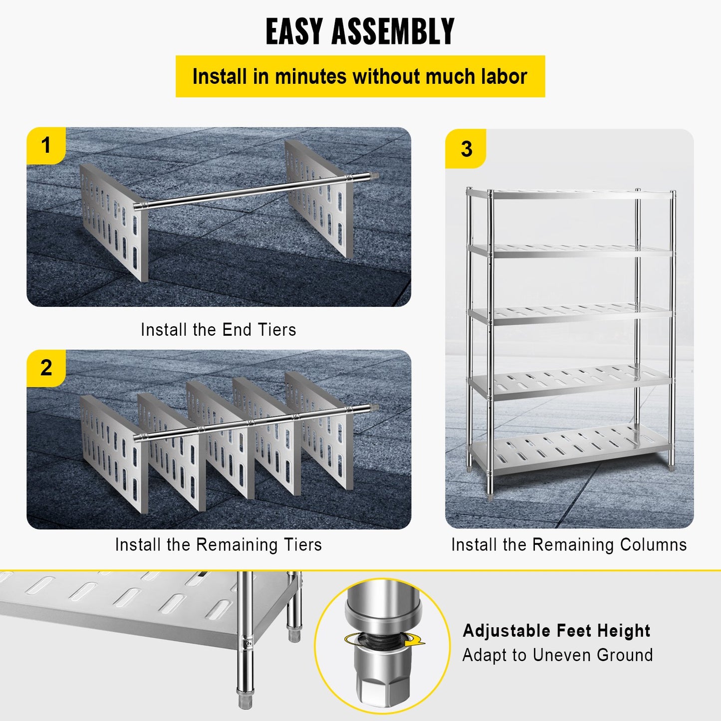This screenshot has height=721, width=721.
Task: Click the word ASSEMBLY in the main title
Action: click(393, 31)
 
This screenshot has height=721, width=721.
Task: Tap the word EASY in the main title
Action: click(293, 31)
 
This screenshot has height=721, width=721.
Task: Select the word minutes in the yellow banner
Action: click(310, 77)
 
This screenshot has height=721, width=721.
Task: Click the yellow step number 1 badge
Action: click(46, 146)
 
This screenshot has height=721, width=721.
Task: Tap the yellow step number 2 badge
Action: click(46, 368)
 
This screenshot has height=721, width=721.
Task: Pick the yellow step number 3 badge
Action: click(466, 149)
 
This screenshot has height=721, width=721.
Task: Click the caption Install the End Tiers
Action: click(218, 330)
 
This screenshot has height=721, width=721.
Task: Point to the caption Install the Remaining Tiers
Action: click(218, 544)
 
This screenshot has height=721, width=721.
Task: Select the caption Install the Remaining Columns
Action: click(569, 544)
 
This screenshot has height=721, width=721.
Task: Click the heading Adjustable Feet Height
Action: click(556, 631)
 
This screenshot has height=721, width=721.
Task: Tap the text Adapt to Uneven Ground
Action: click(557, 655)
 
